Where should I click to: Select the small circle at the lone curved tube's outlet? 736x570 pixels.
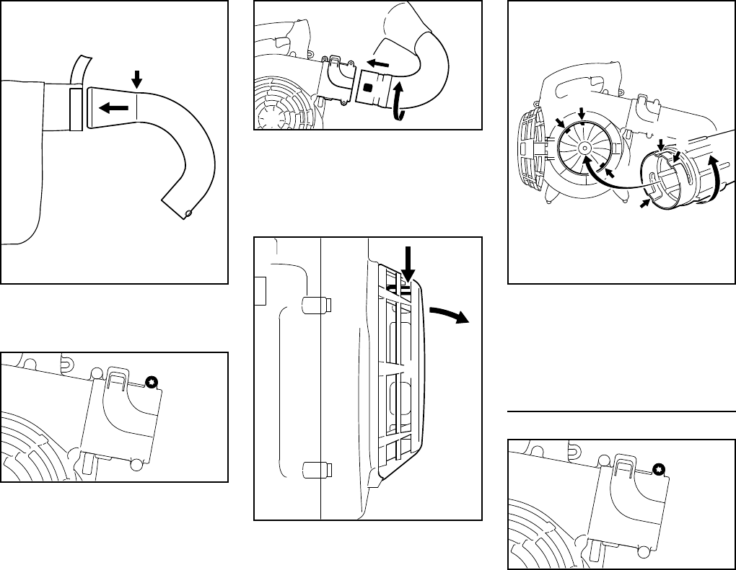(x=189, y=213)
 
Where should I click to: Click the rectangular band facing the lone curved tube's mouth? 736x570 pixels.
(x=76, y=110)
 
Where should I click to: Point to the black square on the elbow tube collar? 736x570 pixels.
(x=368, y=87)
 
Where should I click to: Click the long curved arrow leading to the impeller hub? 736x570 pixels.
(x=613, y=184)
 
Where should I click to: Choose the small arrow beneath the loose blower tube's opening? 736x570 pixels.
(x=645, y=205)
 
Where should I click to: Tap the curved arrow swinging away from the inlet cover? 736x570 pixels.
(x=447, y=318)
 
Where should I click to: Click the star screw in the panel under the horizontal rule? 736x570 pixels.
(x=658, y=470)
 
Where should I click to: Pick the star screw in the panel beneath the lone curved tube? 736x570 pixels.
(x=152, y=383)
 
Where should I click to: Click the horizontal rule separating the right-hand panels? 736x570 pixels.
(x=621, y=412)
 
